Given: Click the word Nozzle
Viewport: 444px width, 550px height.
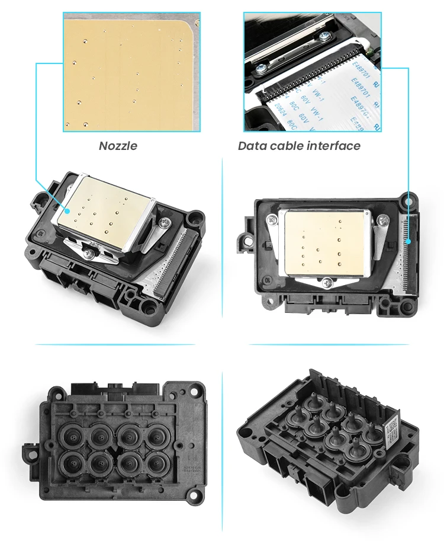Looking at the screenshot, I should [118, 145].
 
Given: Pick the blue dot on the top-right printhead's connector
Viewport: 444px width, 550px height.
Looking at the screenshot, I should [408, 241].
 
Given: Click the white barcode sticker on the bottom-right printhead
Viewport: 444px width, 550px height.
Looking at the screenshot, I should [394, 434].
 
